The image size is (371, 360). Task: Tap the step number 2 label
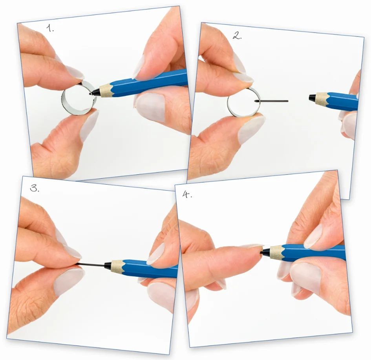[237, 36]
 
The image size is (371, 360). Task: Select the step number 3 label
[35, 188]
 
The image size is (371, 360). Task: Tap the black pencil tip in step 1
[95, 93]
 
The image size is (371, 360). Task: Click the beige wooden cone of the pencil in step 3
[116, 266]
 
